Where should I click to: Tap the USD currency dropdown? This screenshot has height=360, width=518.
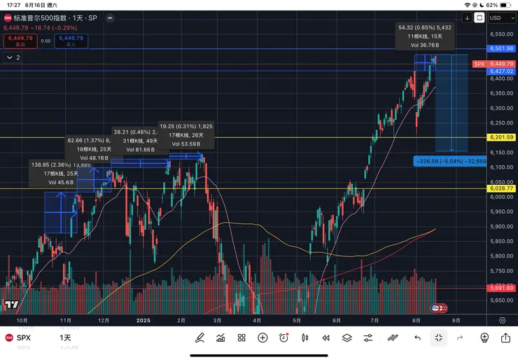[499, 18]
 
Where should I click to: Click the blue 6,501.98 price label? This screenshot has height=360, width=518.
[502, 48]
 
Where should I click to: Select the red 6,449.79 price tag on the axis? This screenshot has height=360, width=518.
[502, 63]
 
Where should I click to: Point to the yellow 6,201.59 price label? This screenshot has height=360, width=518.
[502, 137]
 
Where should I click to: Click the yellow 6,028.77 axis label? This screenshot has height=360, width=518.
[502, 188]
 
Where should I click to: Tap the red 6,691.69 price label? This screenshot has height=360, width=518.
[502, 288]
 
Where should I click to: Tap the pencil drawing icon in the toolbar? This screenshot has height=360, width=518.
[199, 338]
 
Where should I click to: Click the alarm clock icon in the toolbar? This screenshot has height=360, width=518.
[283, 338]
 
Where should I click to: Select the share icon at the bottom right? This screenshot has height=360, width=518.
[505, 338]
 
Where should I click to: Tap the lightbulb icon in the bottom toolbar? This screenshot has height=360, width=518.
[484, 338]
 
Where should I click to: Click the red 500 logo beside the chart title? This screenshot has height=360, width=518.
[8, 17]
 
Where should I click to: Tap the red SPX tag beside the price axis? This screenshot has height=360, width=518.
[479, 64]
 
